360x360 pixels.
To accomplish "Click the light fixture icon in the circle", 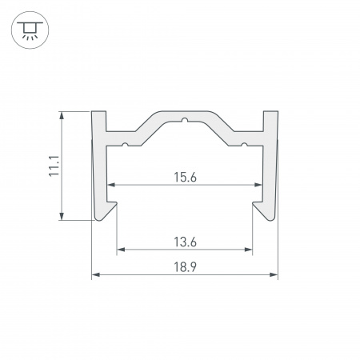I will (29, 30).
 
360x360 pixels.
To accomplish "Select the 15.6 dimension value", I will (184, 178).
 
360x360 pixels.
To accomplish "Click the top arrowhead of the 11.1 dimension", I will (62, 114).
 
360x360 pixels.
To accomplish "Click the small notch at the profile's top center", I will (184, 122).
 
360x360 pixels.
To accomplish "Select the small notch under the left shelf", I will (126, 145).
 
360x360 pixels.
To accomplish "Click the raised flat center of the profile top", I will (184, 115).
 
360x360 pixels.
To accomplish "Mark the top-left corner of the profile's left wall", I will (93, 111).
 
